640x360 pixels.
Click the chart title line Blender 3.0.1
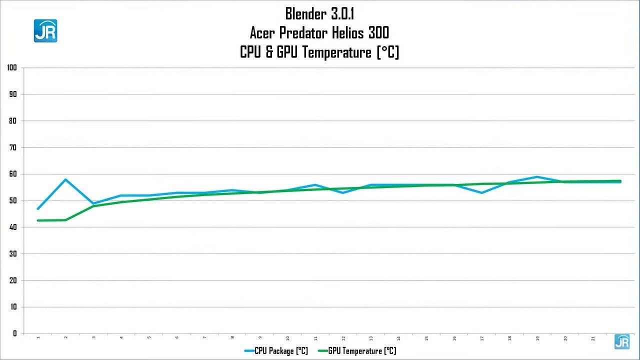319,13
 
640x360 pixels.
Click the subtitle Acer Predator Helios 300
319,33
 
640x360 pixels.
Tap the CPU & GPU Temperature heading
319,52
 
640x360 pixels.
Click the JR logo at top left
45,30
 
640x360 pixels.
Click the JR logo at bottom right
622,341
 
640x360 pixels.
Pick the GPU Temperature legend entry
356,351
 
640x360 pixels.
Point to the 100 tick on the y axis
12,67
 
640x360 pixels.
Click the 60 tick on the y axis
12,174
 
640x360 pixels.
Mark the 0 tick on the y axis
15,333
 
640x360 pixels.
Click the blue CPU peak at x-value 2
66,179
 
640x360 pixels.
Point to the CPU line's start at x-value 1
38,208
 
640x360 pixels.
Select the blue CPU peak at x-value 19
537,176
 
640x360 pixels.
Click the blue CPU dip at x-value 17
481,192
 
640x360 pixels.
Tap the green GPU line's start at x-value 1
38,220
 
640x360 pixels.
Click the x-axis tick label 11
315,338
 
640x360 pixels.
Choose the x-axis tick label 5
149,338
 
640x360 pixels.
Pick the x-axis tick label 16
454,338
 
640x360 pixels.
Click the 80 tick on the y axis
12,121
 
